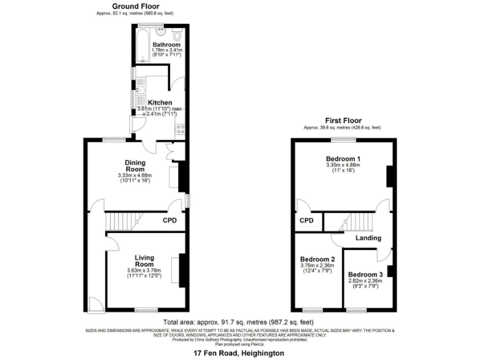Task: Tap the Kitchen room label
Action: pyautogui.click(x=159, y=102)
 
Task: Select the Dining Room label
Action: pyautogui.click(x=134, y=166)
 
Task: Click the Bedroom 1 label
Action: pyautogui.click(x=342, y=159)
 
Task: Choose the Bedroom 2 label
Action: pyautogui.click(x=317, y=259)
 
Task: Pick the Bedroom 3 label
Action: pyautogui.click(x=365, y=275)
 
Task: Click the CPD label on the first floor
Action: pyautogui.click(x=306, y=221)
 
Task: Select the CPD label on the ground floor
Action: pyautogui.click(x=169, y=221)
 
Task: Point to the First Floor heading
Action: pyautogui.click(x=342, y=120)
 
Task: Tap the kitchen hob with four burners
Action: pyautogui.click(x=180, y=129)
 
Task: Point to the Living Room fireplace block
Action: pyautogui.click(x=182, y=269)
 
